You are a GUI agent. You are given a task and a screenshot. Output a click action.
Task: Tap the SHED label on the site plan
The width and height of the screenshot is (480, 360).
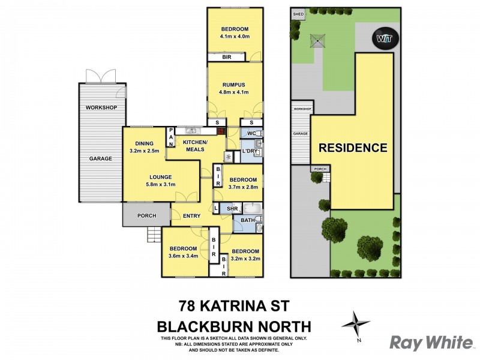pyautogui.click(x=297, y=13)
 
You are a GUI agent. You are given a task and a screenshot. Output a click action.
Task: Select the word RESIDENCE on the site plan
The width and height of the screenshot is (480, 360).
pyautogui.click(x=352, y=147)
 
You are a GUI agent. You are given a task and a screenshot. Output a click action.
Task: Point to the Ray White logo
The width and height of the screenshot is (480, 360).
pyautogui.click(x=431, y=343)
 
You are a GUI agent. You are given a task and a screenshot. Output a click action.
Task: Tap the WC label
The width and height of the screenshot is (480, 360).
pyautogui.click(x=251, y=133)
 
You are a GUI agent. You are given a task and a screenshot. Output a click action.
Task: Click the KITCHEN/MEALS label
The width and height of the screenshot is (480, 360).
pyautogui.click(x=195, y=145)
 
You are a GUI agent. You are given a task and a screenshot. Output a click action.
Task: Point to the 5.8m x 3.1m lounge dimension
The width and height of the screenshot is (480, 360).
pyautogui.click(x=160, y=185)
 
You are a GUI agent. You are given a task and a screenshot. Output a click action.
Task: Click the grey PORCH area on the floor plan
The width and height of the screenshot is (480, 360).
pyautogui.click(x=146, y=215)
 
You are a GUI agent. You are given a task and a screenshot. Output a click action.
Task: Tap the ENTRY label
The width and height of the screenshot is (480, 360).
pyautogui.click(x=192, y=216)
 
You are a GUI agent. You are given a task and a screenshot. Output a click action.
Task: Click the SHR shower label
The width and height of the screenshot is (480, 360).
pyautogui.click(x=231, y=209)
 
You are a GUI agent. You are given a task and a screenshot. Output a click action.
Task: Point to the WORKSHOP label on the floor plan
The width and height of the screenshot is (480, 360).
pyautogui.click(x=101, y=107)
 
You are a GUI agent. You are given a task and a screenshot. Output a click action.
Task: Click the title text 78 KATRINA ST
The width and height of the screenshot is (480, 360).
pyautogui.click(x=233, y=307)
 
